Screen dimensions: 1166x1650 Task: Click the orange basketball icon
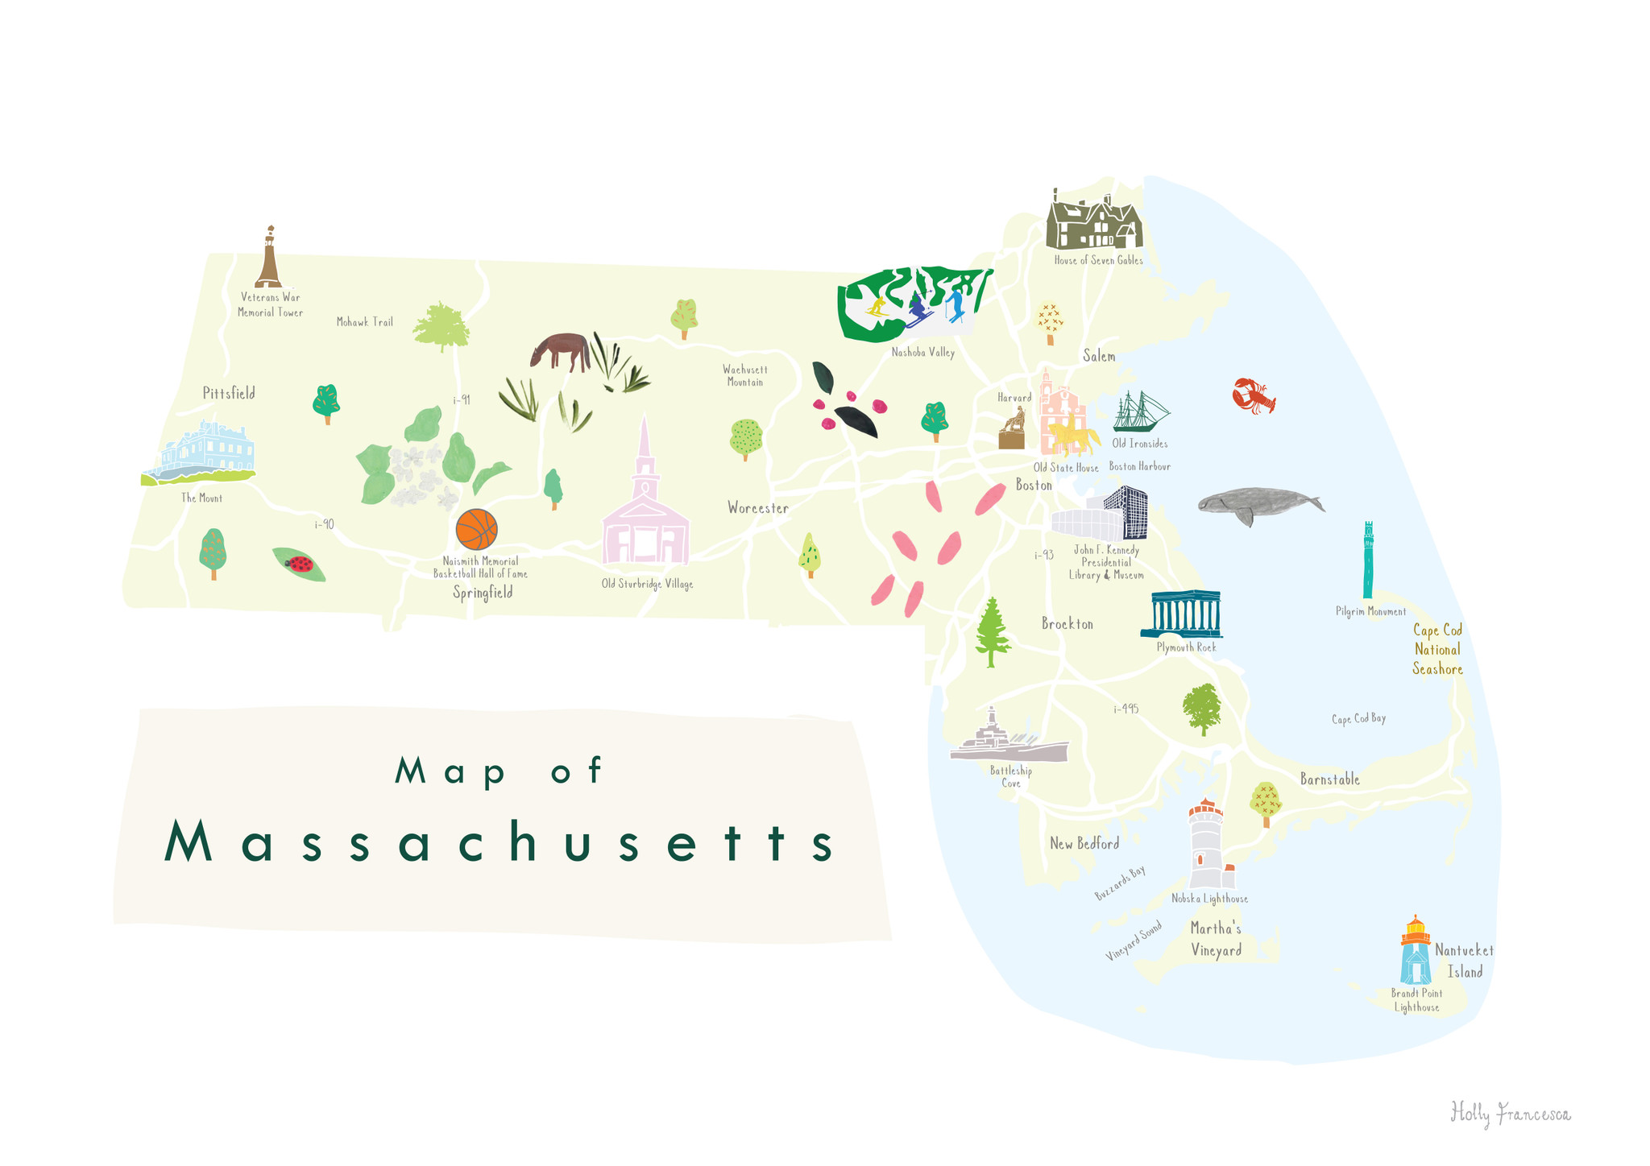tap(476, 529)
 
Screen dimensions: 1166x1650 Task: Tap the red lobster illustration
tap(1253, 395)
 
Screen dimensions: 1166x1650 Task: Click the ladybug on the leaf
tap(300, 564)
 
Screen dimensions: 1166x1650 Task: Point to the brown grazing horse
tap(561, 351)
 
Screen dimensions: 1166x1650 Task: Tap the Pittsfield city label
tap(229, 393)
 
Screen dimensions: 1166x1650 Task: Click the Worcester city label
tap(757, 508)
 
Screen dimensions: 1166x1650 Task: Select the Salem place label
tap(1099, 356)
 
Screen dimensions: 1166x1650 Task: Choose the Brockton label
tap(1067, 624)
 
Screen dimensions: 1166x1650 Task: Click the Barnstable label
tap(1329, 779)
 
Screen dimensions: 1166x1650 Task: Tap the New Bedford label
tap(1084, 844)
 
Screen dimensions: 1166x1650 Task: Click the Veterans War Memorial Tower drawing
tap(269, 258)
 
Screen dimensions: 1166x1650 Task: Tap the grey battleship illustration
tap(1008, 741)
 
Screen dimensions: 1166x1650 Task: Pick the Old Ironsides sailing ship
tap(1140, 412)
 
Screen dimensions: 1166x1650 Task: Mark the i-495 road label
tap(1126, 709)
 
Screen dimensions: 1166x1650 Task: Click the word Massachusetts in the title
tap(500, 843)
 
